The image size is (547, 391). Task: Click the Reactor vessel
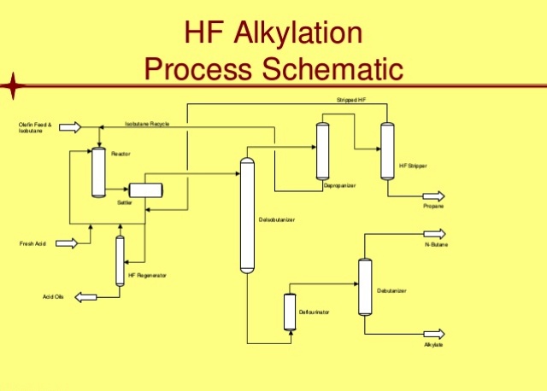pyautogui.click(x=97, y=172)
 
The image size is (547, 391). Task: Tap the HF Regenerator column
pyautogui.click(x=120, y=260)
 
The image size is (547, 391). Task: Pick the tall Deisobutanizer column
pyautogui.click(x=248, y=215)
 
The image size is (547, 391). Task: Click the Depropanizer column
pyautogui.click(x=322, y=151)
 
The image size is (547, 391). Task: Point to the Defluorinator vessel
pyautogui.click(x=289, y=312)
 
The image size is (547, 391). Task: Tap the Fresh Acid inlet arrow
pyautogui.click(x=67, y=243)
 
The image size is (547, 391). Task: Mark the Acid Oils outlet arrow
pyautogui.click(x=85, y=297)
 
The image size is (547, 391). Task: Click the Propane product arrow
pyautogui.click(x=433, y=196)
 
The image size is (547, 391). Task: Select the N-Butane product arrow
pyautogui.click(x=434, y=234)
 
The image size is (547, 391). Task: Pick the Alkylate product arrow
pyautogui.click(x=434, y=334)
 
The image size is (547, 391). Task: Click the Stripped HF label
pyautogui.click(x=350, y=100)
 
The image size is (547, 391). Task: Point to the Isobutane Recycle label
pyautogui.click(x=147, y=124)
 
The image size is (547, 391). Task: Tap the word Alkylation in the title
pyautogui.click(x=291, y=35)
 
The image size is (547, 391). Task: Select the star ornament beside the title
pyautogui.click(x=15, y=85)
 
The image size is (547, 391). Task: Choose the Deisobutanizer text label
pyautogui.click(x=277, y=220)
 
